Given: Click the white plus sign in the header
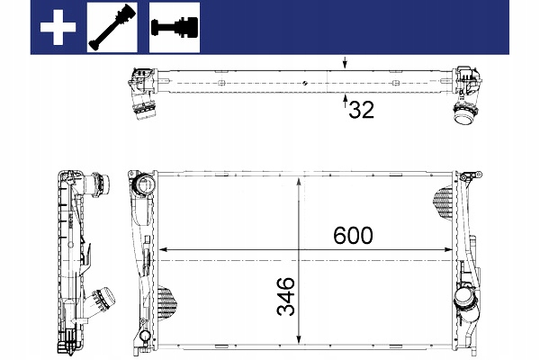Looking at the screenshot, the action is click(x=58, y=27).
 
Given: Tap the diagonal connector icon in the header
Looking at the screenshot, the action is click(x=112, y=27).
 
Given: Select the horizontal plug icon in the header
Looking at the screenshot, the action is click(x=175, y=28).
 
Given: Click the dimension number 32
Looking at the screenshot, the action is click(x=361, y=110).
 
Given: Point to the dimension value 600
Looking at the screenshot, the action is click(x=353, y=236).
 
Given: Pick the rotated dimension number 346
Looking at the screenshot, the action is click(x=286, y=296).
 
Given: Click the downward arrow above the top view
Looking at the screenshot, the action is click(x=345, y=63).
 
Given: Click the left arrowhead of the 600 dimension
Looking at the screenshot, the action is click(x=163, y=249).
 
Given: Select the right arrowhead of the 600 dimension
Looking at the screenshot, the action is click(x=448, y=249).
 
